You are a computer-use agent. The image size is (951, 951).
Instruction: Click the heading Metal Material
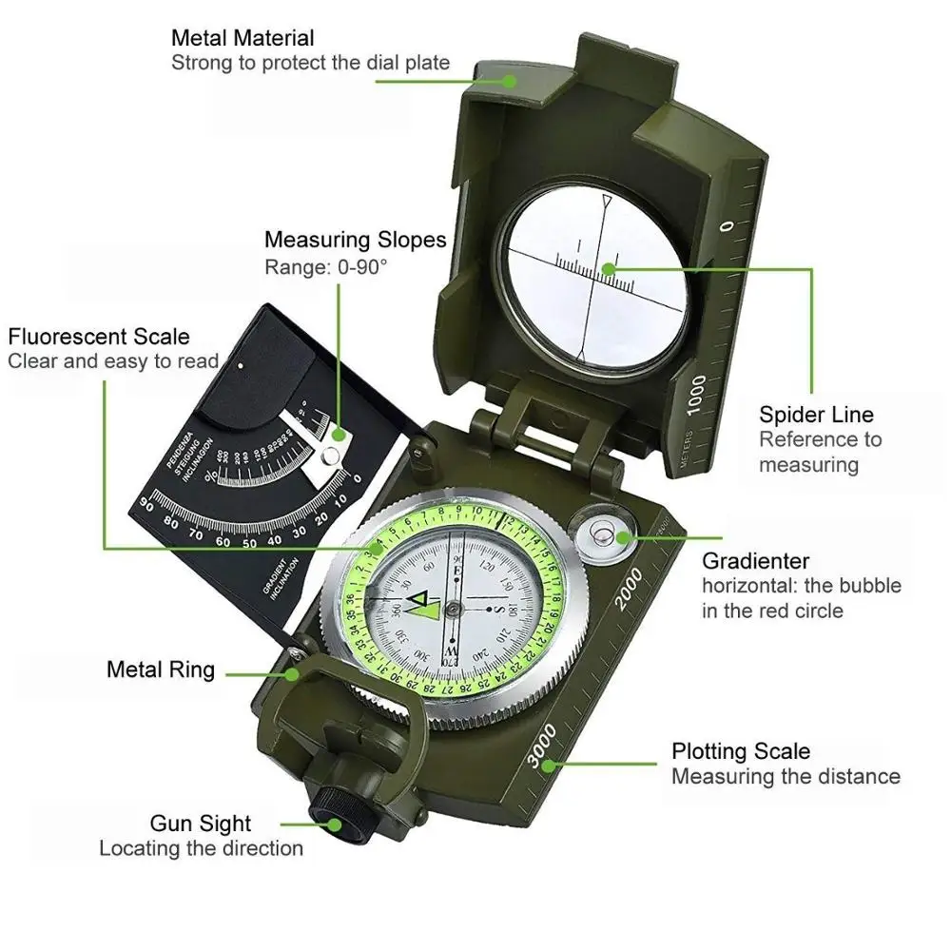[243, 39]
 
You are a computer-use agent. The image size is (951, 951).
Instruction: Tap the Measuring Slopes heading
[355, 240]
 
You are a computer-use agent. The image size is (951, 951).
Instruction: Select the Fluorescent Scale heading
[99, 337]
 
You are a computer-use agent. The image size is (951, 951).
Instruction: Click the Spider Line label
[816, 415]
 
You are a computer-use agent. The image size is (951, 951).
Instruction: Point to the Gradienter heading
[755, 561]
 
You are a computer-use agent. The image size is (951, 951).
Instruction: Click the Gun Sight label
[201, 824]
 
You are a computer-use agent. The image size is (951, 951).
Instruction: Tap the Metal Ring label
[161, 670]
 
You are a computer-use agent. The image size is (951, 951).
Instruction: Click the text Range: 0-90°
[326, 267]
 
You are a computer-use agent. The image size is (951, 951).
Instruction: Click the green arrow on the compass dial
[419, 605]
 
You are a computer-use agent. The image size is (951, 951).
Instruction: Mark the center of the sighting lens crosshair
[596, 269]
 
